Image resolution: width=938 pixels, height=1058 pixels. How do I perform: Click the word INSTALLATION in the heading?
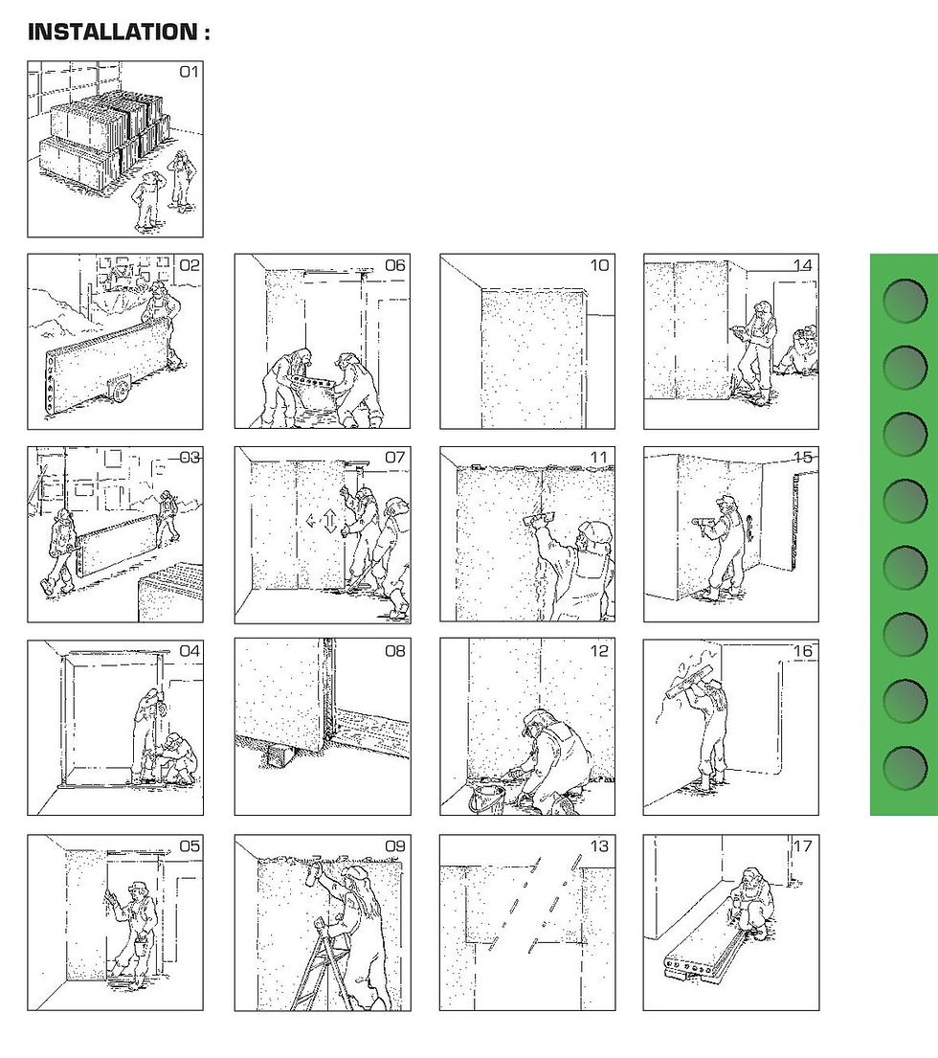pyautogui.click(x=113, y=32)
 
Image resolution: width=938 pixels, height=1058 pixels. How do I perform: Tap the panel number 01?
pyautogui.click(x=189, y=72)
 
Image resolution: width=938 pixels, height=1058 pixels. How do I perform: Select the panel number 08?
pyautogui.click(x=395, y=651)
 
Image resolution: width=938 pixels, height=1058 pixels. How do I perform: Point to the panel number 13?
pyautogui.click(x=599, y=846)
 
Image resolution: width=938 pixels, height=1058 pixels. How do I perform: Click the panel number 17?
pyautogui.click(x=803, y=846)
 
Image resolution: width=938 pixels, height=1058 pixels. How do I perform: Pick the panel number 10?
pyautogui.click(x=599, y=266)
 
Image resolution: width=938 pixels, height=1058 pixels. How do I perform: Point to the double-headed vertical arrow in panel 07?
pyautogui.click(x=330, y=522)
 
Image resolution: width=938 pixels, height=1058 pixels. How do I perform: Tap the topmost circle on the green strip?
pyautogui.click(x=904, y=301)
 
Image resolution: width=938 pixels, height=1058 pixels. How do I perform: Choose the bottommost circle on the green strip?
pyautogui.click(x=904, y=767)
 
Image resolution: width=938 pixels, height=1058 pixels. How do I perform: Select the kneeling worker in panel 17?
pyautogui.click(x=752, y=901)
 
